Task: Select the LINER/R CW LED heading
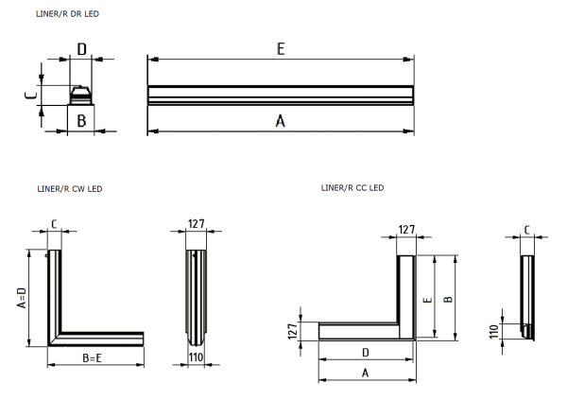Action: [x=67, y=189]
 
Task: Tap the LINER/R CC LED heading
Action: [x=352, y=187]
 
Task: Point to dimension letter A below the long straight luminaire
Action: [x=280, y=121]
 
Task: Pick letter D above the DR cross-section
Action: [x=82, y=49]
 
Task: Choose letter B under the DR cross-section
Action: [x=82, y=121]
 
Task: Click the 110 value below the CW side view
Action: [x=196, y=358]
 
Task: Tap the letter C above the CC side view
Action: [x=527, y=229]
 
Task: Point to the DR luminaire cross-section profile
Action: [x=82, y=94]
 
